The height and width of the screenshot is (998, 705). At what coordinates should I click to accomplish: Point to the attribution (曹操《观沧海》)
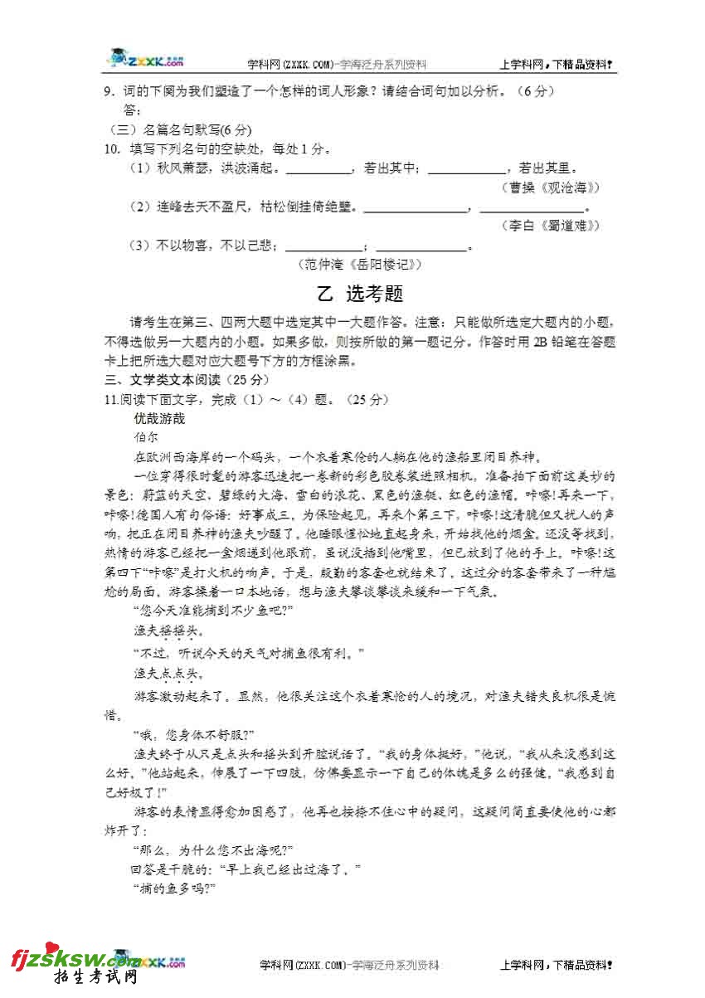[x=551, y=187]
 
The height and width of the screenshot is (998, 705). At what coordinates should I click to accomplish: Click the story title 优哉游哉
[x=160, y=419]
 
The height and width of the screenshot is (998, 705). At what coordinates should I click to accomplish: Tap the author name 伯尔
[x=144, y=437]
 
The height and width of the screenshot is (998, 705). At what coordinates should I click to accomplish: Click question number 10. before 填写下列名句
[x=113, y=149]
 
